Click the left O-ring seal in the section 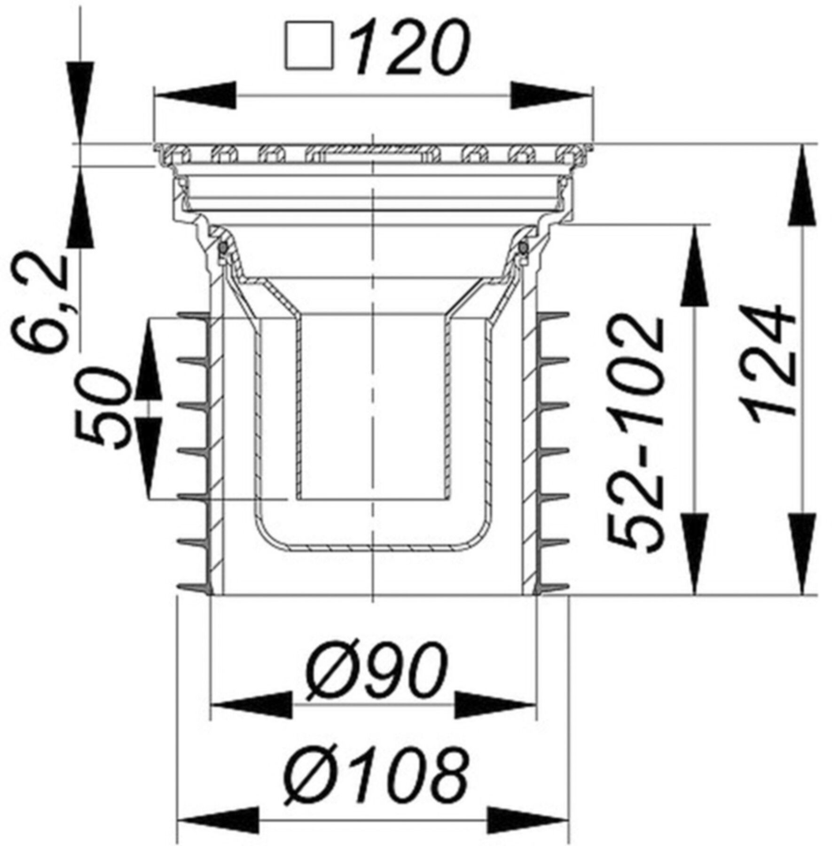click(224, 247)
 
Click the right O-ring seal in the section click(522, 247)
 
